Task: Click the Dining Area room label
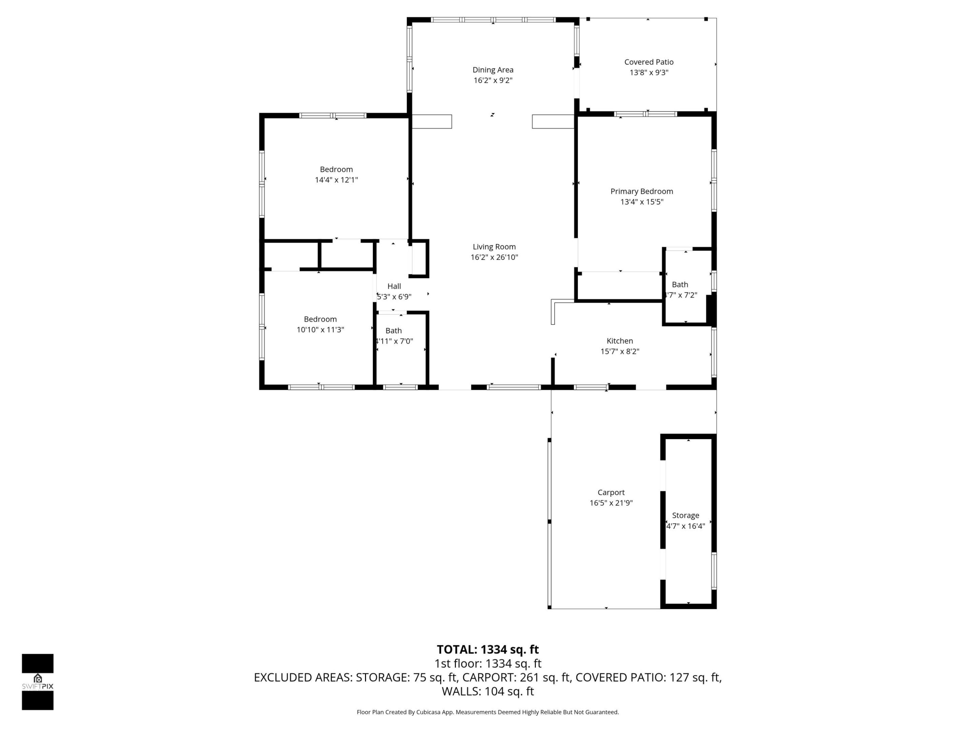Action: [492, 70]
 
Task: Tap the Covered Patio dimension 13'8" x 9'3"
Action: [649, 73]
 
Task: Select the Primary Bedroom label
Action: [642, 191]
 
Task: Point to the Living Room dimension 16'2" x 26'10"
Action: [494, 257]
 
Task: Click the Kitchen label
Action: [619, 341]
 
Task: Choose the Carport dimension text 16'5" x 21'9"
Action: [611, 503]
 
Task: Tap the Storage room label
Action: [685, 515]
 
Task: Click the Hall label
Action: [394, 286]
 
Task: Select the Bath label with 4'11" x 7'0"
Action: [393, 330]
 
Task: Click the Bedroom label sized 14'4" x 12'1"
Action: [336, 169]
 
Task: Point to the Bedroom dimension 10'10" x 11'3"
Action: [320, 330]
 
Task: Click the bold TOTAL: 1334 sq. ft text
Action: [488, 650]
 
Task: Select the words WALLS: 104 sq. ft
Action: [488, 691]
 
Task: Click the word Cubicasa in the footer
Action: [427, 712]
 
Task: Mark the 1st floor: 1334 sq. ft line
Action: [488, 664]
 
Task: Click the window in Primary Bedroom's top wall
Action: [646, 114]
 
